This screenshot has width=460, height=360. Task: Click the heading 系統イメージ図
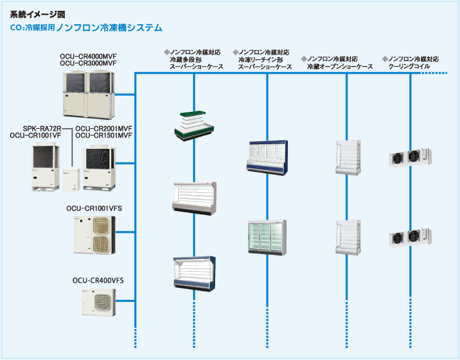click(x=38, y=13)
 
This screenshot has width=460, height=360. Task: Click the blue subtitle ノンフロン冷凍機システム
click(x=109, y=28)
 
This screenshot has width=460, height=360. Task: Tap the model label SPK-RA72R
click(x=42, y=128)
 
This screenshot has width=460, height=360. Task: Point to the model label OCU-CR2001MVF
click(x=103, y=128)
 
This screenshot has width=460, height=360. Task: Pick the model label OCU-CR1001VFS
click(x=98, y=208)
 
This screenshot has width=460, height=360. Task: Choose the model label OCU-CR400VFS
click(x=98, y=280)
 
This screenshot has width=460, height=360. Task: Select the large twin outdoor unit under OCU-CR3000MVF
click(x=88, y=92)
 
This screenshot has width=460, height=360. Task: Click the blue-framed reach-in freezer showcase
click(x=267, y=157)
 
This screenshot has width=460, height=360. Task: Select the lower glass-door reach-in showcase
click(x=267, y=237)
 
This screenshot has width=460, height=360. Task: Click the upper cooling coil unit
click(x=411, y=157)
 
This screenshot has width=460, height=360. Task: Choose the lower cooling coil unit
click(x=411, y=237)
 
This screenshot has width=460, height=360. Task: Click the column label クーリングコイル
click(x=413, y=67)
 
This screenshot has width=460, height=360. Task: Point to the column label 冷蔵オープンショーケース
click(x=340, y=67)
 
